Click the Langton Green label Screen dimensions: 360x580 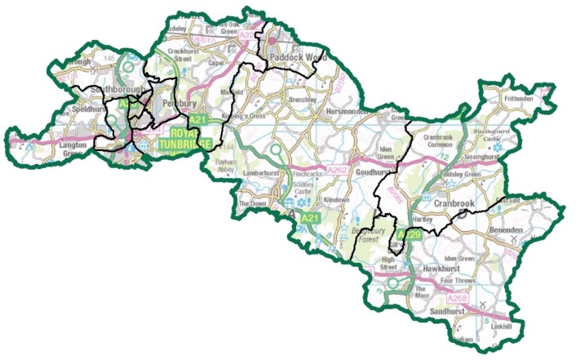(x=78, y=148)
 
